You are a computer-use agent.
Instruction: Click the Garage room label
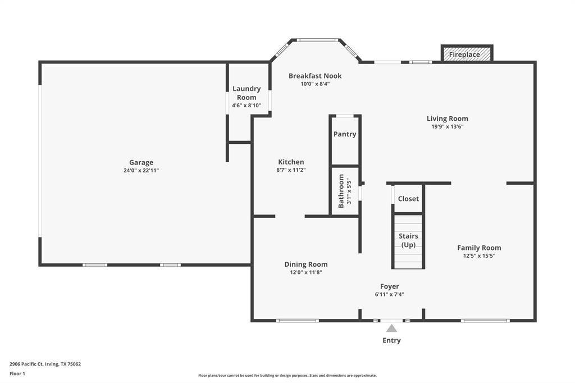(141, 162)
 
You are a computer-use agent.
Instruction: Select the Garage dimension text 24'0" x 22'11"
(141, 170)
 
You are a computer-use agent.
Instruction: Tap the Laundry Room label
(247, 93)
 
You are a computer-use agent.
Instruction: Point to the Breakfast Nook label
(315, 76)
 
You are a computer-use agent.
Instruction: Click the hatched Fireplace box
(466, 54)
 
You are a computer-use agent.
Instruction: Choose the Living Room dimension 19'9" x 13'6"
(447, 126)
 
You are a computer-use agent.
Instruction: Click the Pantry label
(345, 134)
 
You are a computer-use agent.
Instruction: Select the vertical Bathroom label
(341, 191)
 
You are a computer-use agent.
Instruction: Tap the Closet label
(408, 199)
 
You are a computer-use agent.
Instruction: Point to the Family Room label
(479, 248)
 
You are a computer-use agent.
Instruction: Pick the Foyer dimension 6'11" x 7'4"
(389, 294)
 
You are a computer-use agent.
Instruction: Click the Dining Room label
(305, 265)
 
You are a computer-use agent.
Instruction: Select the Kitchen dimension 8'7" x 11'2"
(291, 170)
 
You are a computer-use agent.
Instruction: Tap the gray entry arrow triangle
(391, 328)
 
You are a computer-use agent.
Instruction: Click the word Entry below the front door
(391, 340)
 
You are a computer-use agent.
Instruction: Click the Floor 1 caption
(17, 373)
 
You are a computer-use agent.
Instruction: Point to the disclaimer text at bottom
(287, 376)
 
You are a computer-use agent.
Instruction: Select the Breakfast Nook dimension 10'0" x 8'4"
(315, 84)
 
